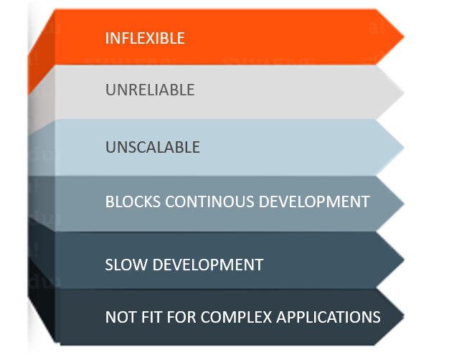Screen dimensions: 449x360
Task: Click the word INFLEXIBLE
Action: click(145, 38)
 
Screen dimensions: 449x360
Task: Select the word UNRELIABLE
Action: click(150, 90)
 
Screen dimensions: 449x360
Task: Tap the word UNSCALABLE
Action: click(153, 147)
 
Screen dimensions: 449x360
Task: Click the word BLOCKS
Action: click(133, 202)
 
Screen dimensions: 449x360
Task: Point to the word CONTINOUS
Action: click(209, 202)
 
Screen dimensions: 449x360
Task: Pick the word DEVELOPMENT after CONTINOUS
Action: click(314, 202)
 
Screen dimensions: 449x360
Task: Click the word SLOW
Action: click(126, 265)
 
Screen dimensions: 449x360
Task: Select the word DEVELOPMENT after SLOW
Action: click(208, 265)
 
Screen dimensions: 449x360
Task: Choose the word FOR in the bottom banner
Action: click(181, 317)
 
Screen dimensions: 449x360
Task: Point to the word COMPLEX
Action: click(236, 317)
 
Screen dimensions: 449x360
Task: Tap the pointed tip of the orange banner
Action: click(404, 37)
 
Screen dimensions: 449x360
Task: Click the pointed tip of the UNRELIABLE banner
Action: click(404, 93)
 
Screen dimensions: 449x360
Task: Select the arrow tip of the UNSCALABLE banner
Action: click(404, 148)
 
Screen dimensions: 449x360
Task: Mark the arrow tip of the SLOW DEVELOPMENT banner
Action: click(404, 260)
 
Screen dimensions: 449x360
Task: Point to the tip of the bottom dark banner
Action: click(404, 316)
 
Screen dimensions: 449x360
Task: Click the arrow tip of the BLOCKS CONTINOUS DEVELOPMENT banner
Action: click(404, 204)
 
